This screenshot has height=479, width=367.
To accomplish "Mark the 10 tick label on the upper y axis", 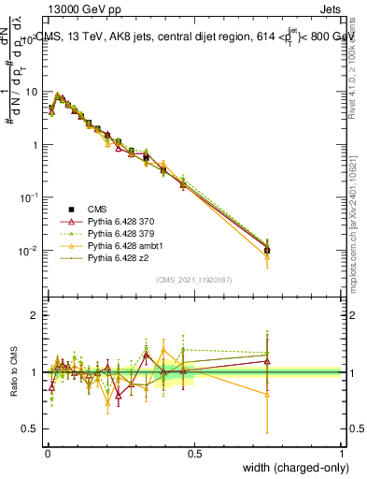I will tap(30, 92).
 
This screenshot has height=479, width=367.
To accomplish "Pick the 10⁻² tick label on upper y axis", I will tap(28, 251).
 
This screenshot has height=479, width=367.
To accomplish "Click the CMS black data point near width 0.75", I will tap(267, 250).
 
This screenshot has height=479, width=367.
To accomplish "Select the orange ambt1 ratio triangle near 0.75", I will tap(267, 395).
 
